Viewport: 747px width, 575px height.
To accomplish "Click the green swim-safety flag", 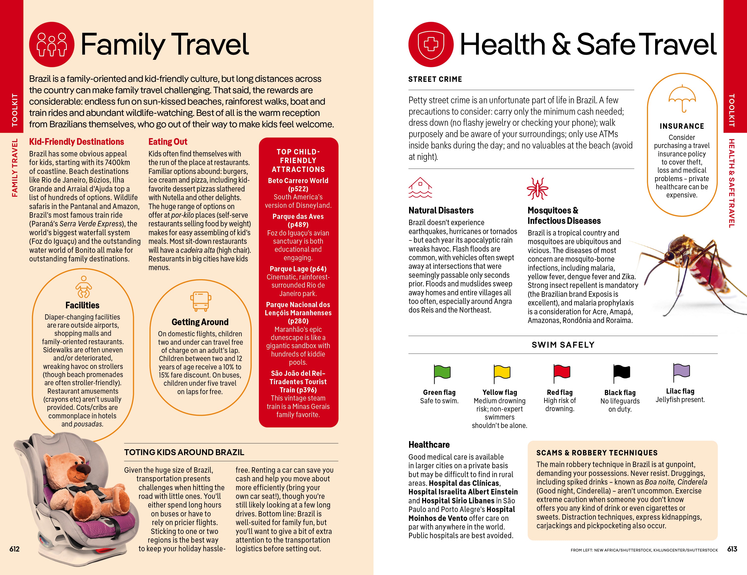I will click(442, 373).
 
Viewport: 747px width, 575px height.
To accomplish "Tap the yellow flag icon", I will click(502, 373).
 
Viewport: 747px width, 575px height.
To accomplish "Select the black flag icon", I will click(621, 373).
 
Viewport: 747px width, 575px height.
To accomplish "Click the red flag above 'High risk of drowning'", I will click(562, 373).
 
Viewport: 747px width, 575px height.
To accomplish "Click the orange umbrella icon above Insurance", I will click(682, 98).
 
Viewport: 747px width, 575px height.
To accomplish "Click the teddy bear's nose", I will click(82, 468).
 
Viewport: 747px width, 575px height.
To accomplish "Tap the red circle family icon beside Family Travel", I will click(52, 44).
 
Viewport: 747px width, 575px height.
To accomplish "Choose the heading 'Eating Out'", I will click(167, 142).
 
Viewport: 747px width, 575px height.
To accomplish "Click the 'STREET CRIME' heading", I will click(435, 79).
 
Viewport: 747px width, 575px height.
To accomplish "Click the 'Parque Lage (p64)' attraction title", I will click(298, 269).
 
